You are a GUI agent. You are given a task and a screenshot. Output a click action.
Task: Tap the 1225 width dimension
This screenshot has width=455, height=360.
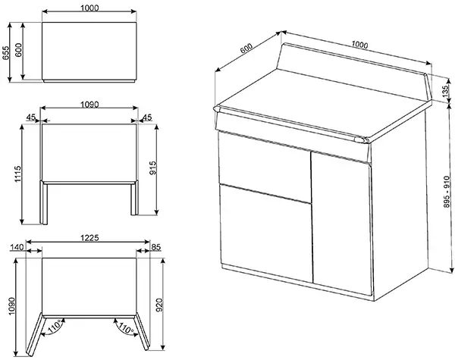coord(89,237)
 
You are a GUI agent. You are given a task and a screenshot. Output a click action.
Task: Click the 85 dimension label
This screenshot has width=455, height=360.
coord(155,247)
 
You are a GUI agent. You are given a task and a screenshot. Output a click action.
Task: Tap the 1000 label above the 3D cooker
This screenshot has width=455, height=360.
coord(361,45)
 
